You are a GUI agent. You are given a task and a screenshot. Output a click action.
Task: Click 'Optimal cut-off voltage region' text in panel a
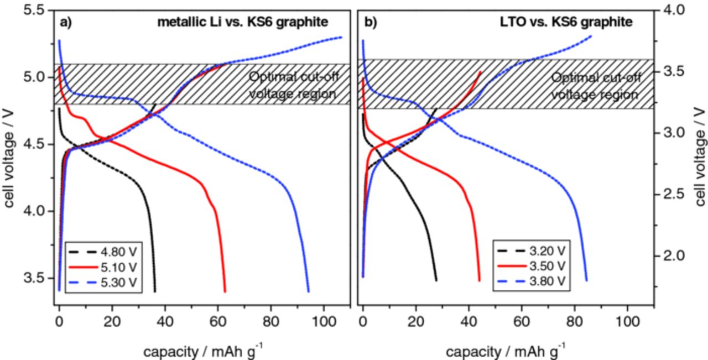292,85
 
